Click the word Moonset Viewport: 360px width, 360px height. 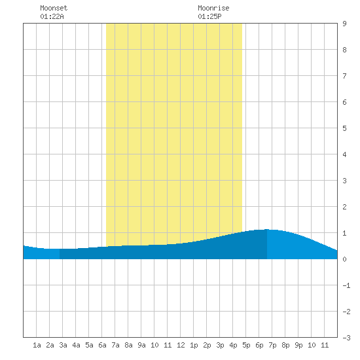pyautogui.click(x=54, y=8)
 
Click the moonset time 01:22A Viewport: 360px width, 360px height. pyautogui.click(x=52, y=16)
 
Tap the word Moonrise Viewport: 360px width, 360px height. pyautogui.click(x=213, y=8)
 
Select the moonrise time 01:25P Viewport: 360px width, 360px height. pyautogui.click(x=209, y=16)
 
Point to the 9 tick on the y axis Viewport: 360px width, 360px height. pyautogui.click(x=344, y=24)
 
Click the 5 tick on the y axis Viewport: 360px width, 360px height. pyautogui.click(x=344, y=128)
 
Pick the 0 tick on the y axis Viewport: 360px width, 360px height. pyautogui.click(x=344, y=259)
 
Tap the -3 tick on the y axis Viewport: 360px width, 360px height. pyautogui.click(x=346, y=338)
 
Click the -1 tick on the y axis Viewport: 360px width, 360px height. pyautogui.click(x=346, y=285)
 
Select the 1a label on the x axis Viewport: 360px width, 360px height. pyautogui.click(x=37, y=345)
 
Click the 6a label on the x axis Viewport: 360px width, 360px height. pyautogui.click(x=102, y=345)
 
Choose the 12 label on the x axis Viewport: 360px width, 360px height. pyautogui.click(x=181, y=345)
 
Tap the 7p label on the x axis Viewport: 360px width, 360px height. pyautogui.click(x=272, y=345)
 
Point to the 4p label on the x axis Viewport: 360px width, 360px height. pyautogui.click(x=233, y=345)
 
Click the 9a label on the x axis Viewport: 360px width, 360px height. pyautogui.click(x=141, y=345)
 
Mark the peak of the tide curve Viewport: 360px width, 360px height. pyautogui.click(x=267, y=229)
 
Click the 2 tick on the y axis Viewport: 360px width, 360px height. pyautogui.click(x=344, y=207)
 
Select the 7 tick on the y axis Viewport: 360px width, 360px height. pyautogui.click(x=344, y=76)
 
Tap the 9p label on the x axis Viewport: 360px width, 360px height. pyautogui.click(x=298, y=345)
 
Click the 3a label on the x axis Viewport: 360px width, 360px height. pyautogui.click(x=63, y=345)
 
